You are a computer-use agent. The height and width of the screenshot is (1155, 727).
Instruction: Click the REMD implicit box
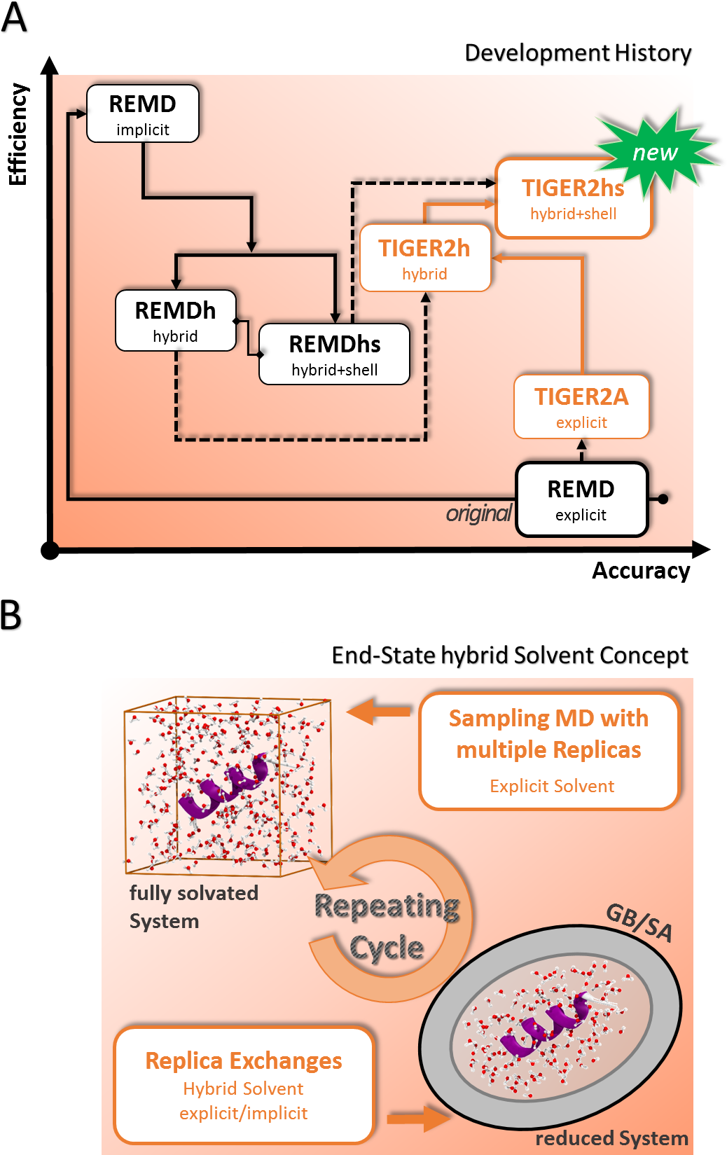143,114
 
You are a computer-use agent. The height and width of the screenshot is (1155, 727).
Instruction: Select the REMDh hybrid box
175,321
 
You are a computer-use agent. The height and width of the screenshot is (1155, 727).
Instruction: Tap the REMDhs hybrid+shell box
335,354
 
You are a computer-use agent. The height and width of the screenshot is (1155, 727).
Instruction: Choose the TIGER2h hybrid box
424,258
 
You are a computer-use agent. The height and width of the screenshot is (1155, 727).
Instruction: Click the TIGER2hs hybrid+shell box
573,199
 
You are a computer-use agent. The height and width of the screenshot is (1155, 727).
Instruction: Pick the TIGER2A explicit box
581,407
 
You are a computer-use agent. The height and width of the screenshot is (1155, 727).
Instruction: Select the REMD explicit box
581,499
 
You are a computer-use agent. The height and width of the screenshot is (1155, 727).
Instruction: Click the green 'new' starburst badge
656,151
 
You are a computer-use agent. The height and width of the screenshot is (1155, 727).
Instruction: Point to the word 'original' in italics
478,513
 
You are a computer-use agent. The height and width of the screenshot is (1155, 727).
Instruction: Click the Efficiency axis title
18,134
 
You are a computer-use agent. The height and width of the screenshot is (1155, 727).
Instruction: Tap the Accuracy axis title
641,571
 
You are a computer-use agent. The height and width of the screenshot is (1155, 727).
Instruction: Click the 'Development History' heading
578,53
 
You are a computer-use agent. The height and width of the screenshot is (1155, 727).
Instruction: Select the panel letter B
11,615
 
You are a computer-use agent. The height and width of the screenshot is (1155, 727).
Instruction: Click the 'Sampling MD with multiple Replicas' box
549,751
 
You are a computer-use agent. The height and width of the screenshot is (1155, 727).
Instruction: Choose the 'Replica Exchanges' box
244,1084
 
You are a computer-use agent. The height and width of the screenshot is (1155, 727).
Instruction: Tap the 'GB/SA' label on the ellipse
639,922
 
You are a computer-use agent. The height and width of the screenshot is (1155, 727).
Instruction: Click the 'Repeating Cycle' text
387,926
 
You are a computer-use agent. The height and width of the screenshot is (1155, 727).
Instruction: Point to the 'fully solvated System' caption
193,906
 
